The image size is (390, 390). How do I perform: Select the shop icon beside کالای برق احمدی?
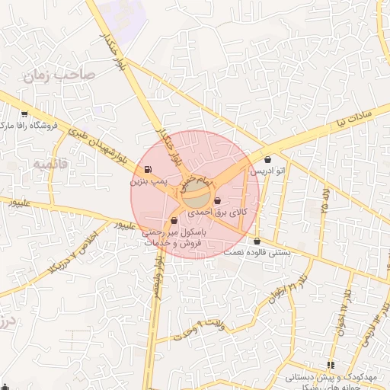pos(219,201)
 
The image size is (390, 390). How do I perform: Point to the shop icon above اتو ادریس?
pos(267,160)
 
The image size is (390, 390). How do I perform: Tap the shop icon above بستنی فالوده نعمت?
pos(257,241)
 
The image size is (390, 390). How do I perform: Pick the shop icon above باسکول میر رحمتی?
pos(174,222)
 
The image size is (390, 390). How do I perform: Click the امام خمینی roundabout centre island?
pos(197,186)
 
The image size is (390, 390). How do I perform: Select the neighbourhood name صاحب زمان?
pos(57,75)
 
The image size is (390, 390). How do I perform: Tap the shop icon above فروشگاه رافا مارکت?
pos(24,114)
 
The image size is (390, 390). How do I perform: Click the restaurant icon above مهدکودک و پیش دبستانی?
pos(331,365)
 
